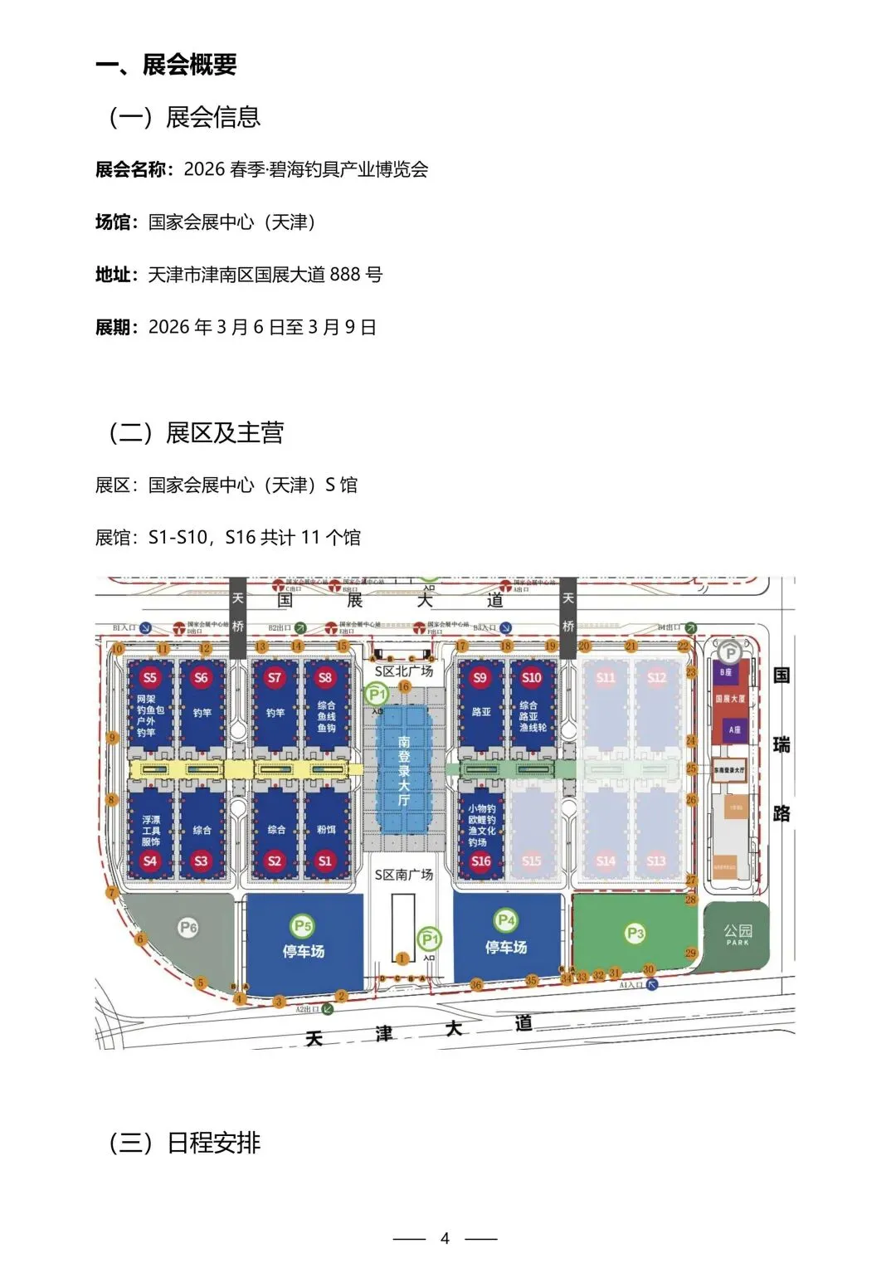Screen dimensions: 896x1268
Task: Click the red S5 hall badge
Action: point(150,677)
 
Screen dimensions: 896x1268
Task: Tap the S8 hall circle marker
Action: point(325,677)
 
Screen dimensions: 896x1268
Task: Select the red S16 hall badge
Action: point(481,861)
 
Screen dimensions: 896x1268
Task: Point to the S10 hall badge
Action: point(532,677)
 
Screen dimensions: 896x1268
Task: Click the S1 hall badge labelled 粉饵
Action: point(325,861)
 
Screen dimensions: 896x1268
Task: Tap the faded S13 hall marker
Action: point(656,861)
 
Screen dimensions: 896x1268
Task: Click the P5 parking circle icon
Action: point(303,925)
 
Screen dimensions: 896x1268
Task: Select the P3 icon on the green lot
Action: point(635,934)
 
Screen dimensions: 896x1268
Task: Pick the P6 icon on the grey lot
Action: point(188,927)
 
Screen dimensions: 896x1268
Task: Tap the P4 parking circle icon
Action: point(505,920)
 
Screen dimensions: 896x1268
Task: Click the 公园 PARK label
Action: point(738,934)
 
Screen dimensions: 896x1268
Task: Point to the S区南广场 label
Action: point(404,875)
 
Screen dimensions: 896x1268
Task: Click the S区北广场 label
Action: point(404,671)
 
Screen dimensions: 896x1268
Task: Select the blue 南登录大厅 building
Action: point(404,770)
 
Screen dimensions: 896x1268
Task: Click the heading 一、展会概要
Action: point(167,65)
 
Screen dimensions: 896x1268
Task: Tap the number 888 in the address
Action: point(345,275)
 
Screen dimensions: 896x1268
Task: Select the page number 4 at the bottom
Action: point(445,1238)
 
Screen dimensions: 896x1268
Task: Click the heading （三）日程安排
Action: point(185,1143)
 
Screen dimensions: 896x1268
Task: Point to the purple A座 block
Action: point(734,729)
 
